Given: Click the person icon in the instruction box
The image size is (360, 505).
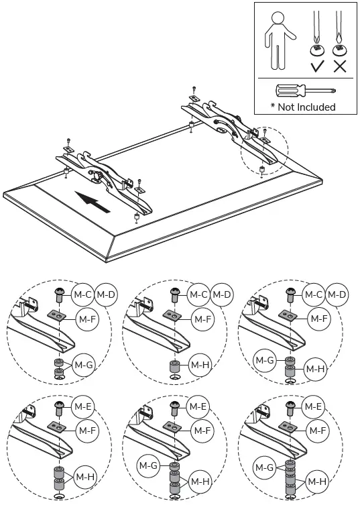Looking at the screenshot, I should tap(276, 40).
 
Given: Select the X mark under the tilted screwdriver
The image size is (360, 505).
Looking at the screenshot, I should tap(340, 66).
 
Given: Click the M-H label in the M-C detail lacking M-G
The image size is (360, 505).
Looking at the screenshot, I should tap(200, 365).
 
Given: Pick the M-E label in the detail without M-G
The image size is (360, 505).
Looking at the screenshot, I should tap(83, 406).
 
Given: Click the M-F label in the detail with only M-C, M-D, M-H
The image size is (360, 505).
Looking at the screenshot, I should tap(202, 319).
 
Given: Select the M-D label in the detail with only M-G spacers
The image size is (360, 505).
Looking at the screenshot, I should tap(107, 294).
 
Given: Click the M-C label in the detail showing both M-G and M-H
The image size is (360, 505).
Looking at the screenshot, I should tap(314, 294).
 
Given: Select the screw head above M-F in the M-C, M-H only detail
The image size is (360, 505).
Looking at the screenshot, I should tap(175, 292).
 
